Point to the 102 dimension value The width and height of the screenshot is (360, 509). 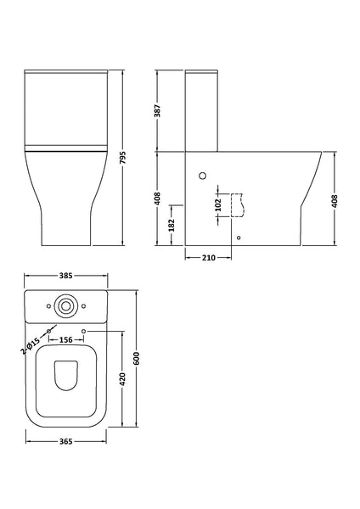219,204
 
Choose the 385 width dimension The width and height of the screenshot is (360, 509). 66,277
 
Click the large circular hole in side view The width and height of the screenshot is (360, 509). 202,176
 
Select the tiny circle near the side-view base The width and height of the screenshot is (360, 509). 238,238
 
